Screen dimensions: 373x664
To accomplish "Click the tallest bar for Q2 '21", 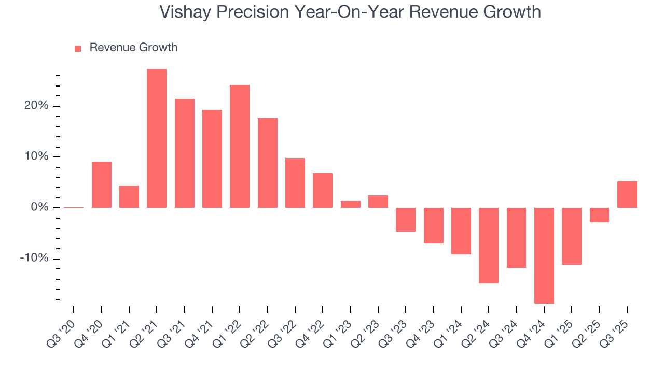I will pos(157,138).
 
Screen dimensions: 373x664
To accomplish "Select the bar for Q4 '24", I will pos(544,255).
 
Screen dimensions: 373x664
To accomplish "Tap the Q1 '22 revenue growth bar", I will pos(240,146).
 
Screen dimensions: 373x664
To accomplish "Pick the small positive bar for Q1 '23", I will pos(350,204).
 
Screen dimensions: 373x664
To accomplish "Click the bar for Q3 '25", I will pos(627,194).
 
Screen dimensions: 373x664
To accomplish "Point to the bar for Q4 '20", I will pos(102,184).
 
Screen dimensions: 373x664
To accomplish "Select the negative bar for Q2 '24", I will pos(489,246).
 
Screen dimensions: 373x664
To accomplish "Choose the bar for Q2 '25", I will pos(599,215).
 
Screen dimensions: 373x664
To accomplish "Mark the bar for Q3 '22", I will pos(295,183).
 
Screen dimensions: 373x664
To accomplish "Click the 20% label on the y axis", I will pos(36,106).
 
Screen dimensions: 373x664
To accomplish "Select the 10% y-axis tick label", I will pos(36,157).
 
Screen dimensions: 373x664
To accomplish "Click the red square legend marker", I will pos(78,49).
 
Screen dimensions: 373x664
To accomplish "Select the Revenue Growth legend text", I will pos(133,48).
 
